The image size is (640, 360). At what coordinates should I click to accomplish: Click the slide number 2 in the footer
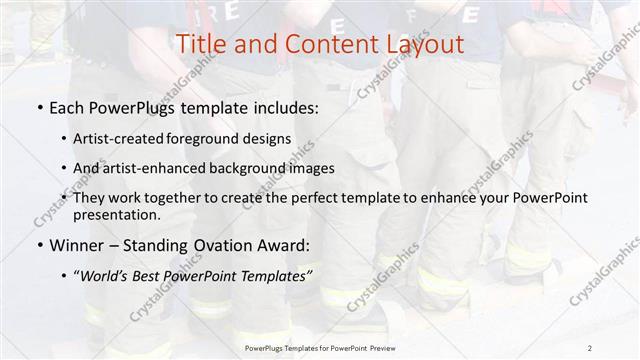point(591,347)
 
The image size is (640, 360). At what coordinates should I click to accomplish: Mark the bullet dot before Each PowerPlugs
point(39,108)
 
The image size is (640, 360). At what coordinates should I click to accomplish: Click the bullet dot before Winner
point(39,245)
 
